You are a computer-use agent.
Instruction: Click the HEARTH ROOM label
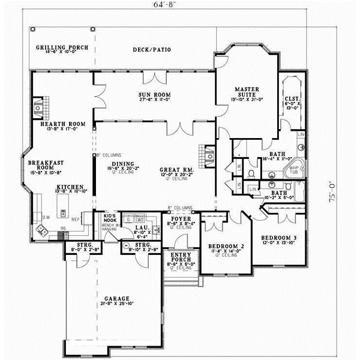click(x=66, y=126)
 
